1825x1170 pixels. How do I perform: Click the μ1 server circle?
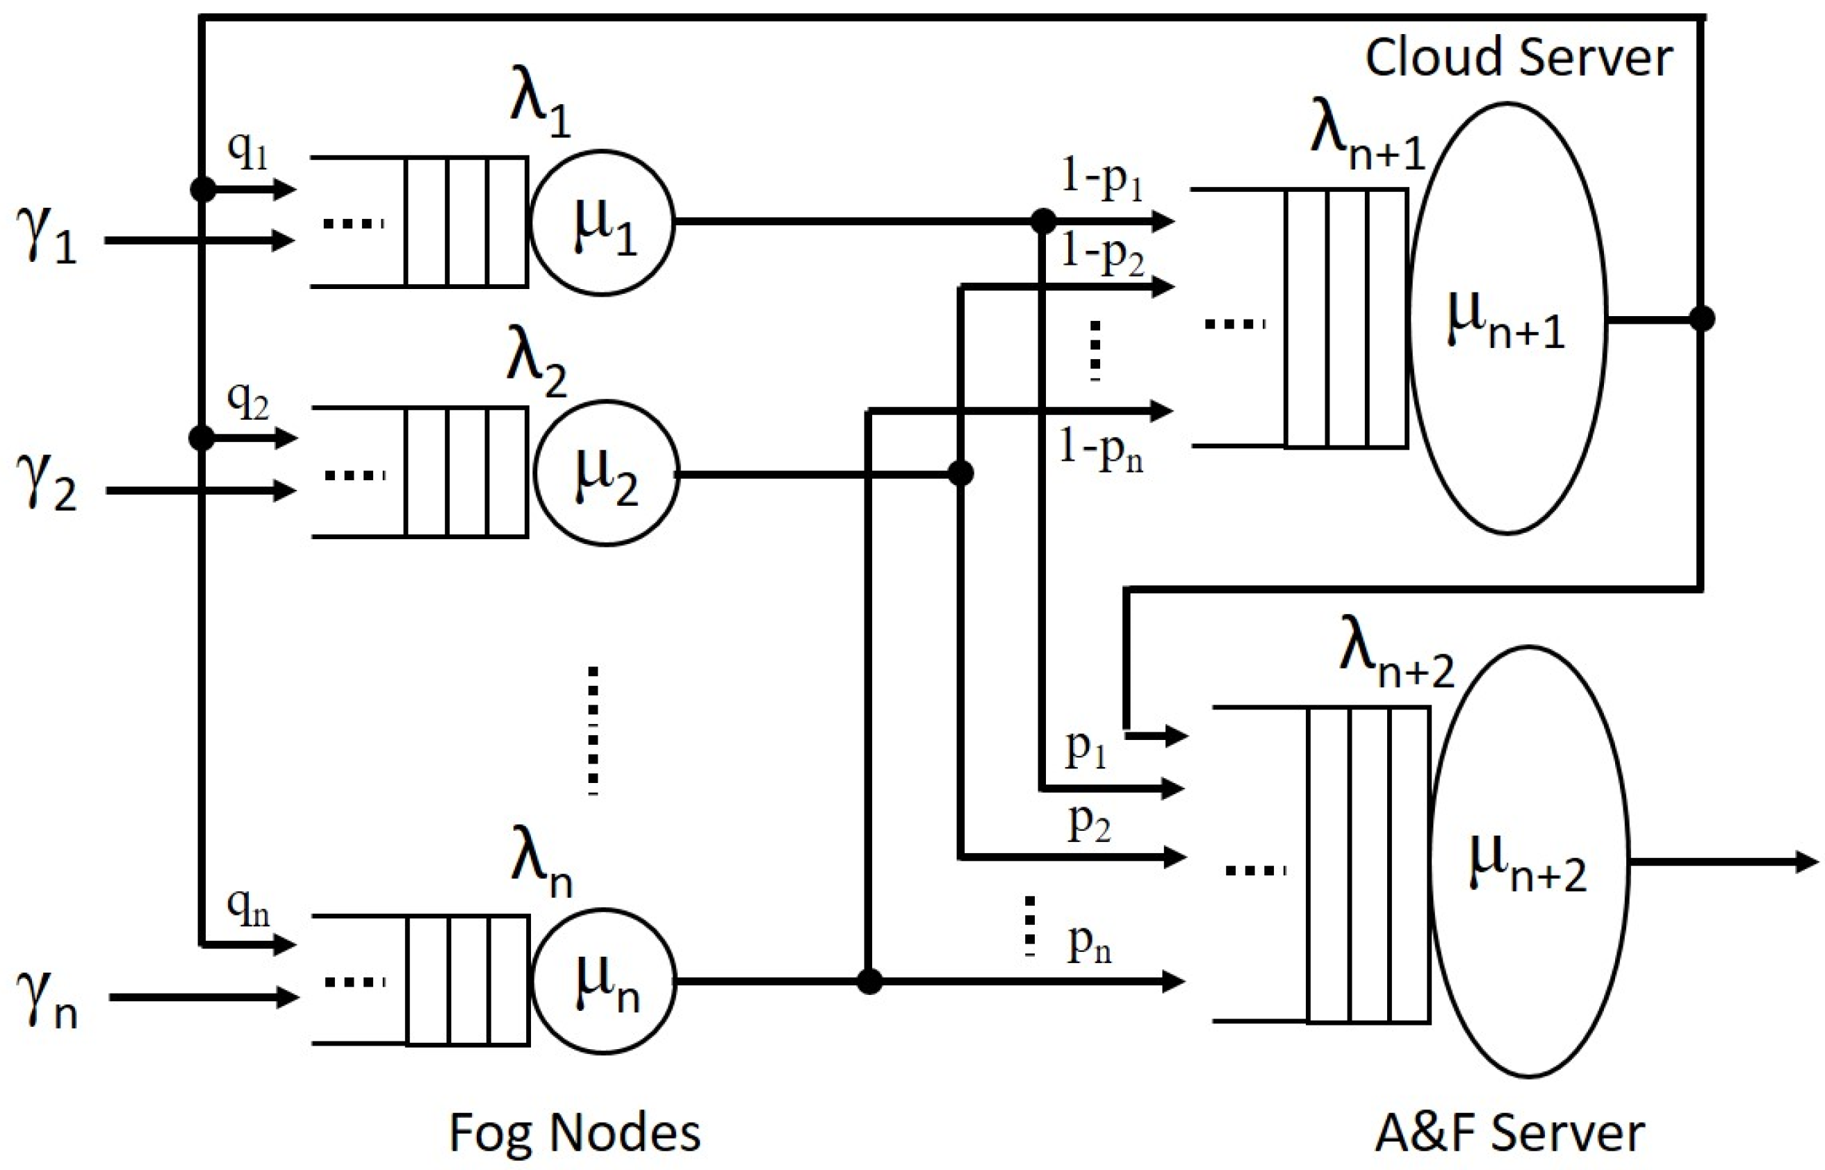pos(603,222)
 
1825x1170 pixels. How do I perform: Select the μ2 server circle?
pos(605,473)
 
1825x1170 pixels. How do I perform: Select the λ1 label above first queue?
pos(540,114)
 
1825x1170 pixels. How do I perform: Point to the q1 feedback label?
pos(247,152)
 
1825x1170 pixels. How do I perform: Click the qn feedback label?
pos(247,908)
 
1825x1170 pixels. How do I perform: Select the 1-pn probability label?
pos(1102,452)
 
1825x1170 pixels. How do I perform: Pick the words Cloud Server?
pos(1518,58)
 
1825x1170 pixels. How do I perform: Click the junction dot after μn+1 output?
pos(1701,319)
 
